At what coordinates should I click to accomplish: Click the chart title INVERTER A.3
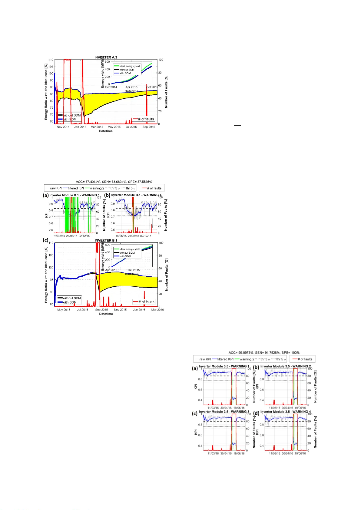coord(106,58)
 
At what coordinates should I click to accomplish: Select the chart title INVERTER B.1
coord(106,241)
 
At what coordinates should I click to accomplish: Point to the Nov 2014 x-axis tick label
coord(63,127)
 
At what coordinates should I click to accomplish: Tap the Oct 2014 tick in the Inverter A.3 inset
coord(111,87)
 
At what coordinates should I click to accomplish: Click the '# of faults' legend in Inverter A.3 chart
coord(144,119)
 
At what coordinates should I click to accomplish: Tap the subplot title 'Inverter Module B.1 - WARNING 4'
coord(136,195)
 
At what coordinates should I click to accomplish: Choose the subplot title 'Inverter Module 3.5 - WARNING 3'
coord(224,412)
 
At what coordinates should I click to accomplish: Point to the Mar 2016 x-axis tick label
coord(157,310)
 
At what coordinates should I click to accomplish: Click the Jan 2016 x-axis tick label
coord(139,310)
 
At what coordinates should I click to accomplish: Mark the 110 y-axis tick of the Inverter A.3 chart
coord(51,60)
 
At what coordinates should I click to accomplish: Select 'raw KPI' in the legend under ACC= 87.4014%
coord(56,188)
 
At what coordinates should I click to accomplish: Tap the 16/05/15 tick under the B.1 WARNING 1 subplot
coord(60,236)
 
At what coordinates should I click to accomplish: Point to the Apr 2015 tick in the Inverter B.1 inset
coord(111,270)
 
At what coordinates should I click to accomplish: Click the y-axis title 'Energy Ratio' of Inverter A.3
coord(46,92)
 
